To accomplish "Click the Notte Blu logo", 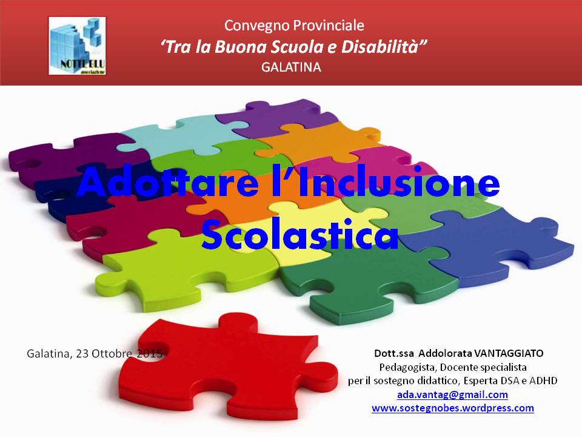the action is coord(77,46).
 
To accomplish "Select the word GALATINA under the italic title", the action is coord(291,67).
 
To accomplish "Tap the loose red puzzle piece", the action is coord(228,367).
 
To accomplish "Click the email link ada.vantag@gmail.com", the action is coord(452,395).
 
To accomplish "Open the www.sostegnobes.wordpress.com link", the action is coord(453,408).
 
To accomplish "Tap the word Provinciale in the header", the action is coord(328,25).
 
